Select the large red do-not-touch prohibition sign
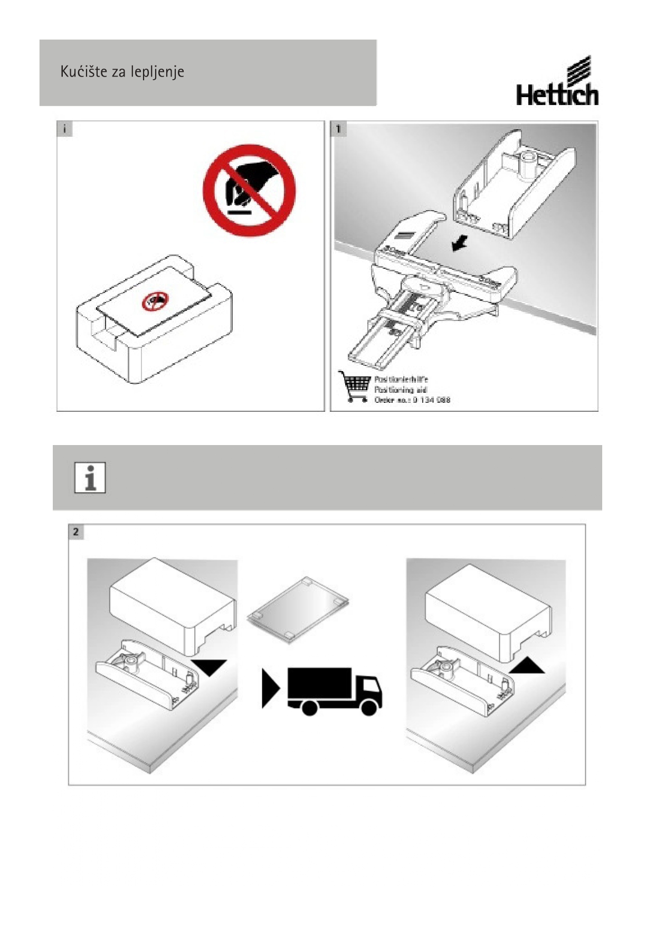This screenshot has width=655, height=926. (x=249, y=191)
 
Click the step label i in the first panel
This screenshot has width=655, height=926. (x=64, y=129)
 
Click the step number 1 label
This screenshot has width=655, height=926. (x=338, y=129)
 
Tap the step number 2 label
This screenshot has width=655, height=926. (x=76, y=532)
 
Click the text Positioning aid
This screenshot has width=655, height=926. (x=401, y=390)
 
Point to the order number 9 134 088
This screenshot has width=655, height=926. (x=431, y=400)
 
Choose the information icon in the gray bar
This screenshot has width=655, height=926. (x=90, y=478)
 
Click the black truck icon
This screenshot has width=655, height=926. (x=335, y=690)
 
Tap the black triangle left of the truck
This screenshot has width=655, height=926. (x=270, y=688)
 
